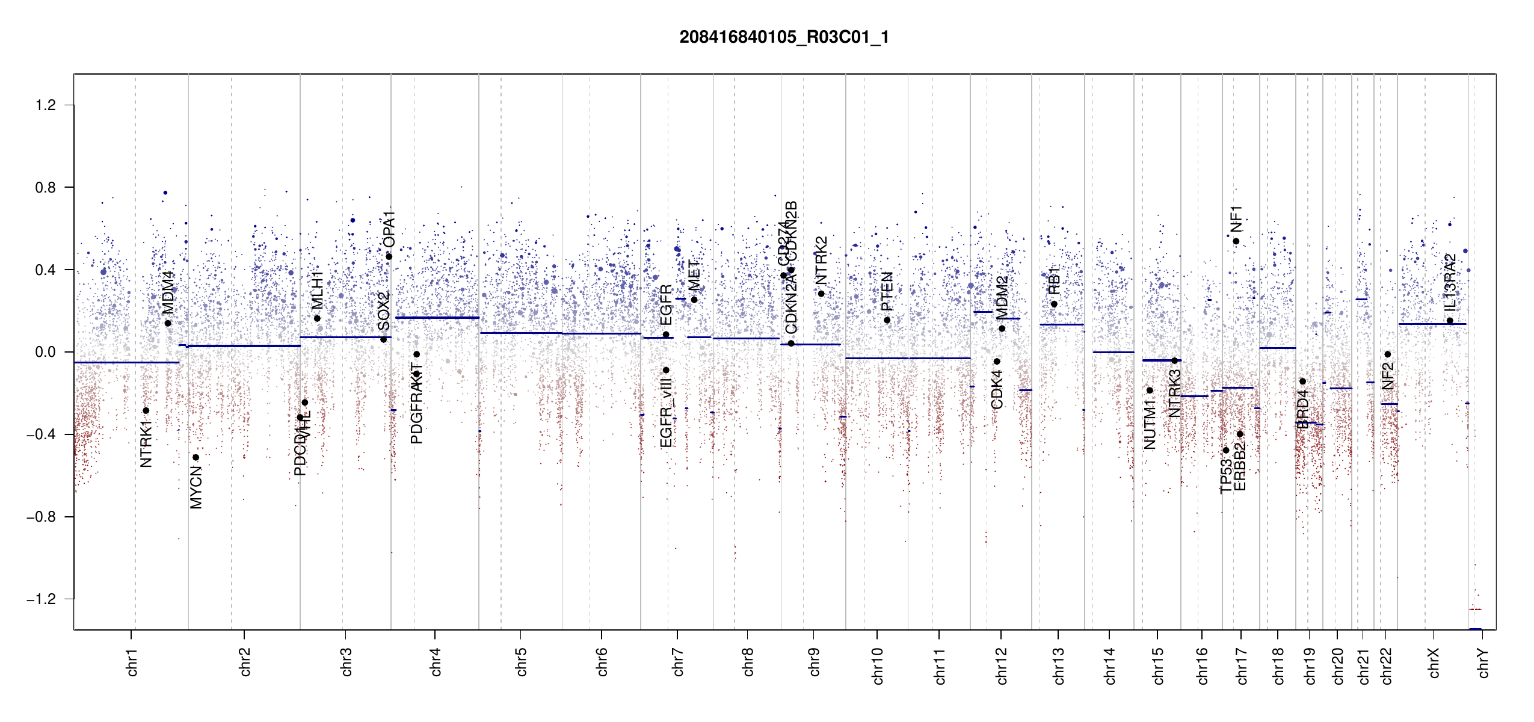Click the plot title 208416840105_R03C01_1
(x=784, y=37)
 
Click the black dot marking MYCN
(x=196, y=457)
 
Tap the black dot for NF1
(x=1236, y=241)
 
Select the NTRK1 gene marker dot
(x=146, y=410)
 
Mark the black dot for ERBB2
(x=1240, y=434)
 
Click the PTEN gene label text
(x=887, y=291)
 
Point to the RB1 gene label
(x=1054, y=280)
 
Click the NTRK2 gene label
(x=821, y=260)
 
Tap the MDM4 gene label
(x=168, y=292)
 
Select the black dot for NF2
(x=1387, y=354)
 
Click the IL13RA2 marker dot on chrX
(x=1450, y=321)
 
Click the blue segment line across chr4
(x=437, y=318)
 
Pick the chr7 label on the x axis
(x=678, y=662)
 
